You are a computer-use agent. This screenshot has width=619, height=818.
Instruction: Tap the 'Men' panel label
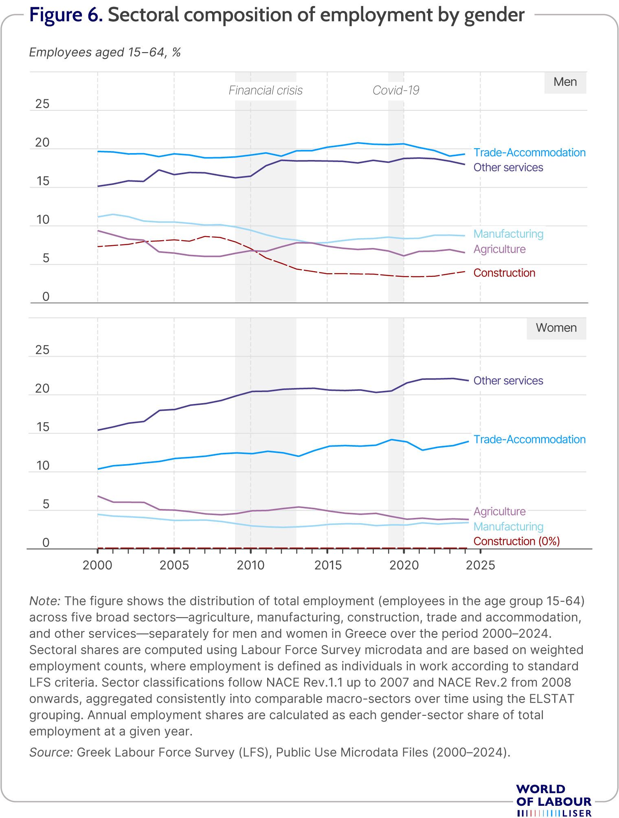[x=565, y=82]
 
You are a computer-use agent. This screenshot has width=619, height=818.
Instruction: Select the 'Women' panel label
[x=556, y=328]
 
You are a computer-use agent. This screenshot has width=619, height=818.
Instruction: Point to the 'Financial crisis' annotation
[x=266, y=90]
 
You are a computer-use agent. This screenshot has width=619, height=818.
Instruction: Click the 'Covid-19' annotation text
[x=396, y=90]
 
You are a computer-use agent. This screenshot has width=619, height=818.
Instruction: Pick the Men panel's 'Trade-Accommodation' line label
[x=529, y=153]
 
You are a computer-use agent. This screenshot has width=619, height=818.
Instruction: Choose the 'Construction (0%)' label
[x=517, y=541]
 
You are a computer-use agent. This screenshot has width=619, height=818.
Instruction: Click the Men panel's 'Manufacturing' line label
[x=509, y=234]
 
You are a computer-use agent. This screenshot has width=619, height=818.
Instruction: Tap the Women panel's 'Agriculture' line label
[x=500, y=511]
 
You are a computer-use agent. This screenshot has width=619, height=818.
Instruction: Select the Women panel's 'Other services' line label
[x=508, y=381]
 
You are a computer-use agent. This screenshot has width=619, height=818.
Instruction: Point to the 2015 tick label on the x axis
[x=328, y=565]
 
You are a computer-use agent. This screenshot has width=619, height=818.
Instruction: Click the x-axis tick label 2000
[x=97, y=565]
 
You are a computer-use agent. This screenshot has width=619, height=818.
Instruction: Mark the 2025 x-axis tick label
[x=481, y=565]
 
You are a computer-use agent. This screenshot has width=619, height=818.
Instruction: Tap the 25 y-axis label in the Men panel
[x=42, y=104]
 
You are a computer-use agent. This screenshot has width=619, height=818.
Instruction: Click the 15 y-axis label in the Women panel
[x=42, y=428]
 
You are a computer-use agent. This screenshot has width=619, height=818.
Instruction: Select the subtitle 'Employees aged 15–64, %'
[x=105, y=53]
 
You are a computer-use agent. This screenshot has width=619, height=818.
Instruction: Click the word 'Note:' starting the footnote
[x=45, y=601]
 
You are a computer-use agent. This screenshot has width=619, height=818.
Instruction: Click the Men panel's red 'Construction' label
[x=505, y=273]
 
